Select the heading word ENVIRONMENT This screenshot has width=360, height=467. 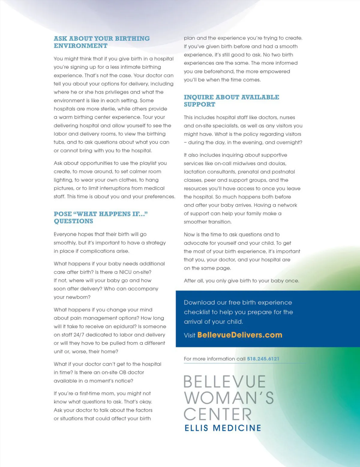coord(80,46)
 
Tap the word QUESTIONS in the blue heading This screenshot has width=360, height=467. coord(73,221)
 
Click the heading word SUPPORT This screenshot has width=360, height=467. coord(199,105)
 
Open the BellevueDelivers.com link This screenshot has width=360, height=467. coord(240,335)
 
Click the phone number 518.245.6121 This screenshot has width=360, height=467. coord(263,359)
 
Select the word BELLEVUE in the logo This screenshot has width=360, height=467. coord(224,382)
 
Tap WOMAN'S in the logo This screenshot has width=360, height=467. coord(229,398)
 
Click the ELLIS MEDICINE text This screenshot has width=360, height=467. coord(223,428)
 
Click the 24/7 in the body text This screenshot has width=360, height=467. coord(79,335)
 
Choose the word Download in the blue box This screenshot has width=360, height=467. coord(199,302)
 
